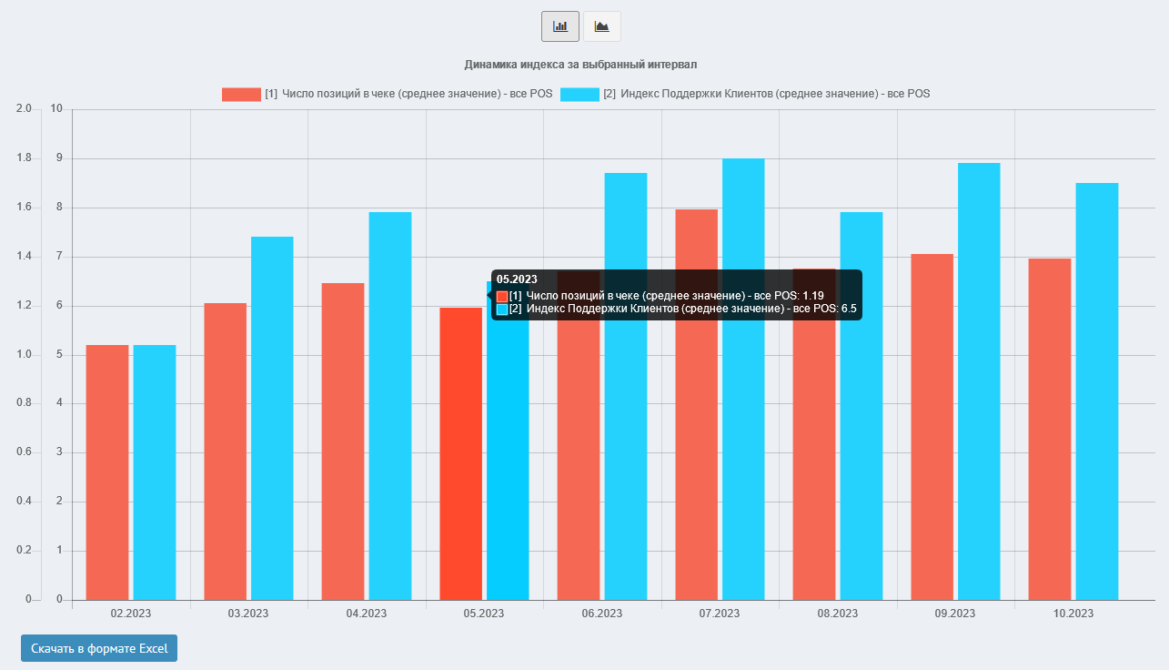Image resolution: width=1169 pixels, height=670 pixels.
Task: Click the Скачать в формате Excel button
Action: (x=99, y=648)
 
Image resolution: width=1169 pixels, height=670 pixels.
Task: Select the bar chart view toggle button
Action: (x=560, y=26)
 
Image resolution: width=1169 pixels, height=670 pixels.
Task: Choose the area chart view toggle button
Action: (x=601, y=26)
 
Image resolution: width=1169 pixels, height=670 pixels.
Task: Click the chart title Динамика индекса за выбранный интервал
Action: (x=580, y=65)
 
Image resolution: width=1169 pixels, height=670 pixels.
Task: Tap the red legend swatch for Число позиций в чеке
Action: (x=241, y=94)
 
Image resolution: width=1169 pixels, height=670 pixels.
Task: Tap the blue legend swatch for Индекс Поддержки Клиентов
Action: (x=579, y=94)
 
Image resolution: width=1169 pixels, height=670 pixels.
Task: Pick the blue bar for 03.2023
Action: (x=272, y=418)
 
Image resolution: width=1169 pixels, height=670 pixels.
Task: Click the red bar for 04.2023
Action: (x=343, y=441)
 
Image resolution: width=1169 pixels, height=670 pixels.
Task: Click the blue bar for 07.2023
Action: (x=743, y=379)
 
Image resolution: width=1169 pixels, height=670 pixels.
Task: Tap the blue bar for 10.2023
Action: (x=1097, y=391)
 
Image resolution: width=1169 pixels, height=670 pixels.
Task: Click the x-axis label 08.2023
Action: (x=837, y=614)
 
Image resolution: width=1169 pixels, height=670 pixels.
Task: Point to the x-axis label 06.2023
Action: (x=602, y=614)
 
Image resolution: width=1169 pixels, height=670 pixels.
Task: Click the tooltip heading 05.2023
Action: (x=517, y=279)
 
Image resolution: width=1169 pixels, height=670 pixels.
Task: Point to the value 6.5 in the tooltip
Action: (x=849, y=310)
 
